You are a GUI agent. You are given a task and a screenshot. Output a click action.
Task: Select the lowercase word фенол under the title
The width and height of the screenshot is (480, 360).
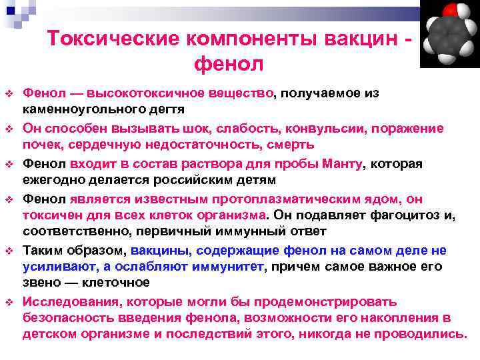229,64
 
